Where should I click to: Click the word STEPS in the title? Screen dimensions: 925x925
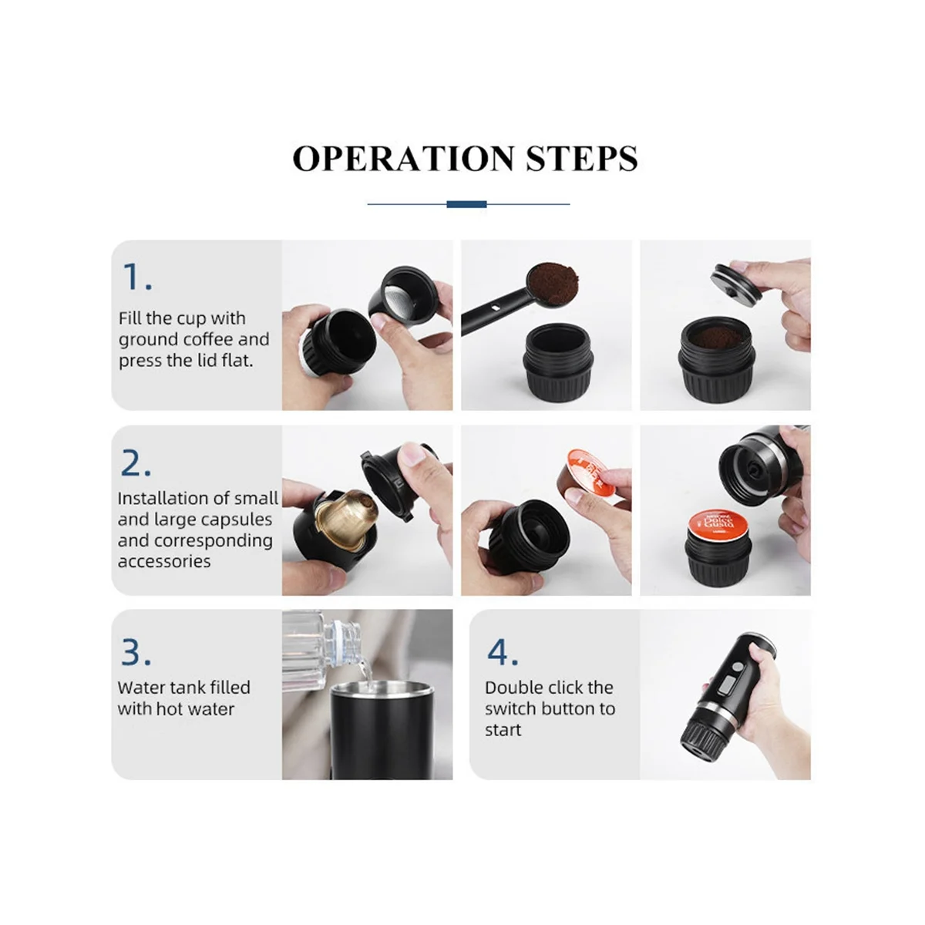click(x=582, y=159)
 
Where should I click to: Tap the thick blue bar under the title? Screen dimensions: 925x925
click(x=466, y=204)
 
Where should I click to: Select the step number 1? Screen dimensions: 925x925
click(x=137, y=277)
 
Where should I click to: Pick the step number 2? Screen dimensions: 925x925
click(x=136, y=463)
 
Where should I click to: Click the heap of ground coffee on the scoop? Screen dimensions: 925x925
click(x=553, y=282)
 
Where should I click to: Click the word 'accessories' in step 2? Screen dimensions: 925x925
click(x=164, y=561)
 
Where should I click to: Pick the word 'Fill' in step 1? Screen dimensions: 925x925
click(x=129, y=318)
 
